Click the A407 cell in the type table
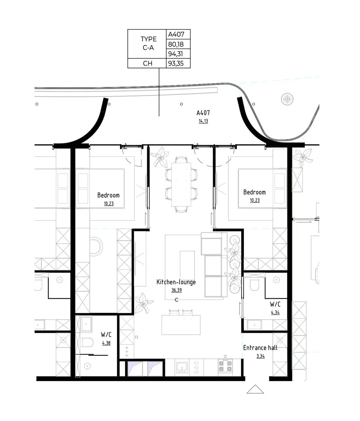click(178, 34)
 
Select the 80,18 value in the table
click(178, 44)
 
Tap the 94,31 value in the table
click(178, 54)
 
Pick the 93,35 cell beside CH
click(178, 64)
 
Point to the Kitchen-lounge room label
click(176, 282)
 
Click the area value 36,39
click(176, 290)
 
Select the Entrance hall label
click(260, 348)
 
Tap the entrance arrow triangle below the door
click(255, 389)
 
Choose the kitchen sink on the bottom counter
click(182, 367)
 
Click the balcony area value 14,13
click(203, 121)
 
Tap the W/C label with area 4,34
click(275, 304)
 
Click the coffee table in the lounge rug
click(187, 265)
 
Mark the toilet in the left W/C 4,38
click(86, 342)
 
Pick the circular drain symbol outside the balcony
click(287, 99)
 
